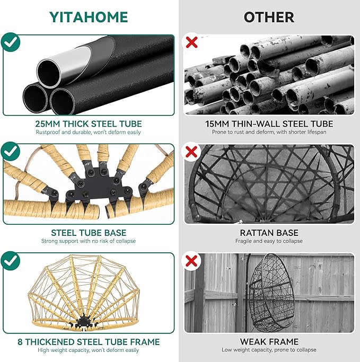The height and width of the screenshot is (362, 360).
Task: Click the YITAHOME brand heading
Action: (89, 17)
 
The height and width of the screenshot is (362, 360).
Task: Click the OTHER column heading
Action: (269, 17)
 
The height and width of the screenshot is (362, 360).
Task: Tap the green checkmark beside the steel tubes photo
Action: (11, 42)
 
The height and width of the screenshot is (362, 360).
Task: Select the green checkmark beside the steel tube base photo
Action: (11, 152)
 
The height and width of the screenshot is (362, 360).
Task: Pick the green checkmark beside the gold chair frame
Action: (11, 261)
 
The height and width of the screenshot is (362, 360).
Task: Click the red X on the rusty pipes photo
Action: (191, 42)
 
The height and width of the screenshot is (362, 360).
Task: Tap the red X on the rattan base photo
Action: (191, 152)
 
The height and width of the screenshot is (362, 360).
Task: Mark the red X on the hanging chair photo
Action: (191, 261)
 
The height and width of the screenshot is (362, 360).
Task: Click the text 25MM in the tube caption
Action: (47, 124)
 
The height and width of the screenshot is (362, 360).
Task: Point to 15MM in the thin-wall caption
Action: (217, 124)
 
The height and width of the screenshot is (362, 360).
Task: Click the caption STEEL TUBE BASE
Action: (89, 233)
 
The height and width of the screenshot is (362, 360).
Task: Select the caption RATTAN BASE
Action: (269, 233)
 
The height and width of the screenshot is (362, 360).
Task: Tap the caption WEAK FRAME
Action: (269, 342)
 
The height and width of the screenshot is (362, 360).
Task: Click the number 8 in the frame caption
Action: (20, 342)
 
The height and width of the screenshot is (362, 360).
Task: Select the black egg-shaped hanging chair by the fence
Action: (271, 293)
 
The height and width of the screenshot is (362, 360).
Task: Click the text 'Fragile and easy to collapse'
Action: (269, 241)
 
